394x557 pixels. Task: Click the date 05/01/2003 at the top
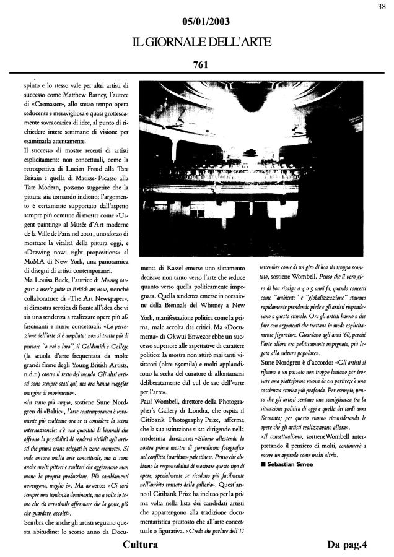coord(198,22)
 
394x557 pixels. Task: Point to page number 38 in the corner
coord(382,6)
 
